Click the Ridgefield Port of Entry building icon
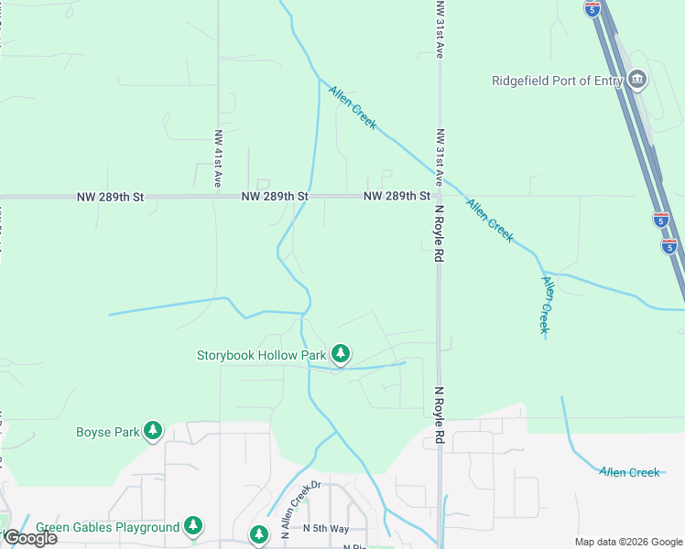(x=637, y=81)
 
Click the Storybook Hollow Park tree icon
(x=341, y=353)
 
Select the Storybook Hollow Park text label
(x=262, y=355)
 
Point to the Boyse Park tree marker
(x=152, y=430)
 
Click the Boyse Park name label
(x=106, y=431)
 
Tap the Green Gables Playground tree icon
(x=192, y=525)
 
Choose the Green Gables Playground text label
(x=108, y=527)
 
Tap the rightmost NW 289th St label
(x=397, y=197)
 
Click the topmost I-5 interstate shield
(x=593, y=8)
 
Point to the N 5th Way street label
(x=326, y=529)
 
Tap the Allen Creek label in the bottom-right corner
(x=629, y=472)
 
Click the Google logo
(x=30, y=538)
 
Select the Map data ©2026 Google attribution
(x=628, y=541)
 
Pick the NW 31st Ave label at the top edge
(x=440, y=29)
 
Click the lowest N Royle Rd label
(x=440, y=415)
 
